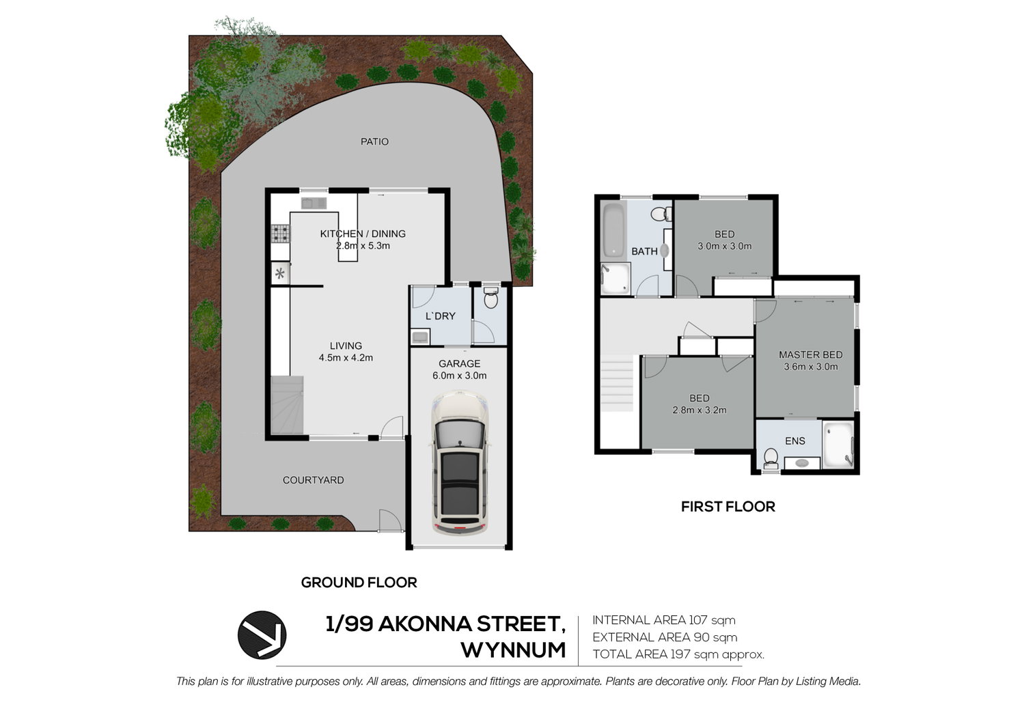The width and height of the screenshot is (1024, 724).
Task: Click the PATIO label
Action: (374, 141)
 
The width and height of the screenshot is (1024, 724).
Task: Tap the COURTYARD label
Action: (313, 480)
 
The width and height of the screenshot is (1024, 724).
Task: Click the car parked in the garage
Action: (460, 462)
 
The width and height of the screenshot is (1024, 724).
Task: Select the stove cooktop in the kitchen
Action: (280, 234)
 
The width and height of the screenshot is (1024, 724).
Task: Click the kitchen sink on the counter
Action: (314, 203)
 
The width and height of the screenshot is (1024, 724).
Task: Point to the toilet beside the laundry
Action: (490, 298)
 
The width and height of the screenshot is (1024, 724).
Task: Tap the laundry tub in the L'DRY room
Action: (420, 337)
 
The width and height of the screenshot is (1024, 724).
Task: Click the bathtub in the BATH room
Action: (613, 230)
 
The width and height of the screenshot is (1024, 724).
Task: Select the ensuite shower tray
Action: (838, 445)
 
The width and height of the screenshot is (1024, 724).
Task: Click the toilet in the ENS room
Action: (771, 458)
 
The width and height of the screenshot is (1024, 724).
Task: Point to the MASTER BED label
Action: (810, 354)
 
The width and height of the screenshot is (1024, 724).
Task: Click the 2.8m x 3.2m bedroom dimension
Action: (700, 410)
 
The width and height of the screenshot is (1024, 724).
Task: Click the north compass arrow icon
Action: (262, 635)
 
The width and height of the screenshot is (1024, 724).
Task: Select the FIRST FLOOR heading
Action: (728, 507)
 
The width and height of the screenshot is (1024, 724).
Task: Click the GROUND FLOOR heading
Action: (359, 583)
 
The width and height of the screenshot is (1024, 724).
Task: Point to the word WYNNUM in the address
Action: (514, 650)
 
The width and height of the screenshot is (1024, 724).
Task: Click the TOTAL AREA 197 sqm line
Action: (678, 654)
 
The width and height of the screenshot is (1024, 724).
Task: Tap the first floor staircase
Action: (617, 383)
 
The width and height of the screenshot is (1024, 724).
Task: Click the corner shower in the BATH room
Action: (615, 279)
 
